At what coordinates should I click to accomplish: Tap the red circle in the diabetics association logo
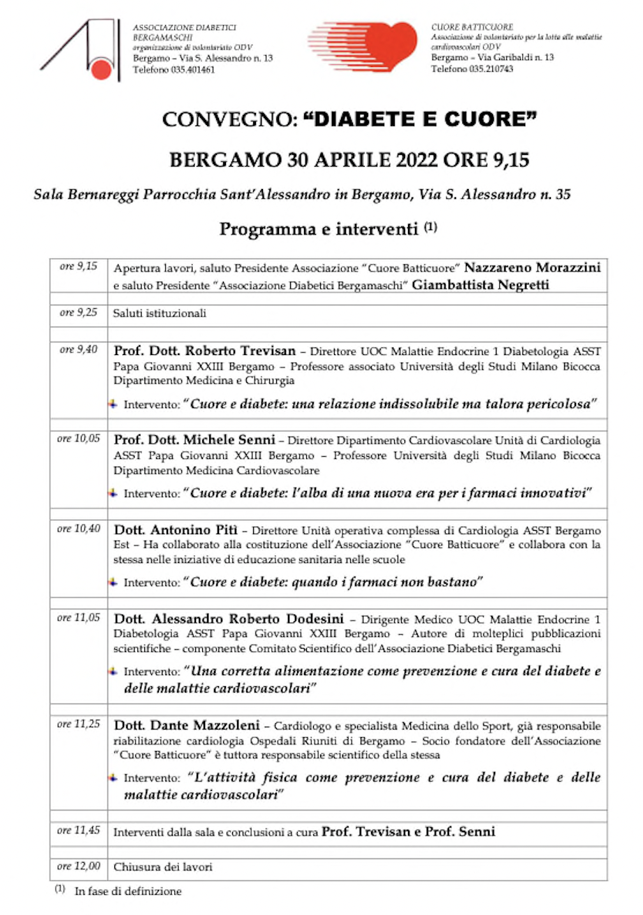102,68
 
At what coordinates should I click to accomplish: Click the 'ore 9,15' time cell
78,266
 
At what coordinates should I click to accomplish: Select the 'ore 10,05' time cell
78,439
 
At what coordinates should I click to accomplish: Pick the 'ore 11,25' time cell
78,725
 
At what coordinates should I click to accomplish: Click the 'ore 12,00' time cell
78,866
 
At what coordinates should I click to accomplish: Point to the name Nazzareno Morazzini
532,268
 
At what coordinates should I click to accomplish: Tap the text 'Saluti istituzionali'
160,314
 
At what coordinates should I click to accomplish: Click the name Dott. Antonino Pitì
176,529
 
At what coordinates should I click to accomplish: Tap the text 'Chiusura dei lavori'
162,868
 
